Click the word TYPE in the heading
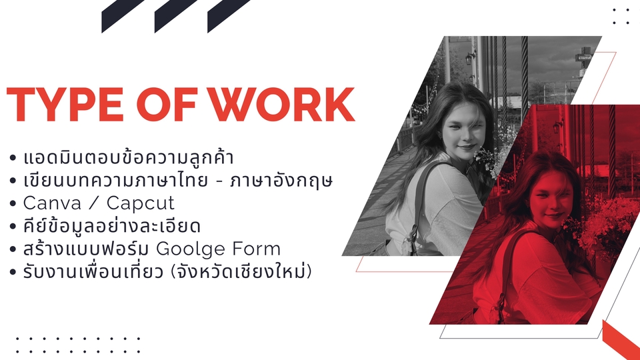tap(65, 104)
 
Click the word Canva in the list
tap(52, 203)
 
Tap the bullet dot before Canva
tap(13, 203)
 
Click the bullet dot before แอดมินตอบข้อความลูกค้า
tap(13, 157)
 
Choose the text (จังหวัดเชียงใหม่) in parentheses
tap(241, 271)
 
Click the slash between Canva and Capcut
tap(94, 203)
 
